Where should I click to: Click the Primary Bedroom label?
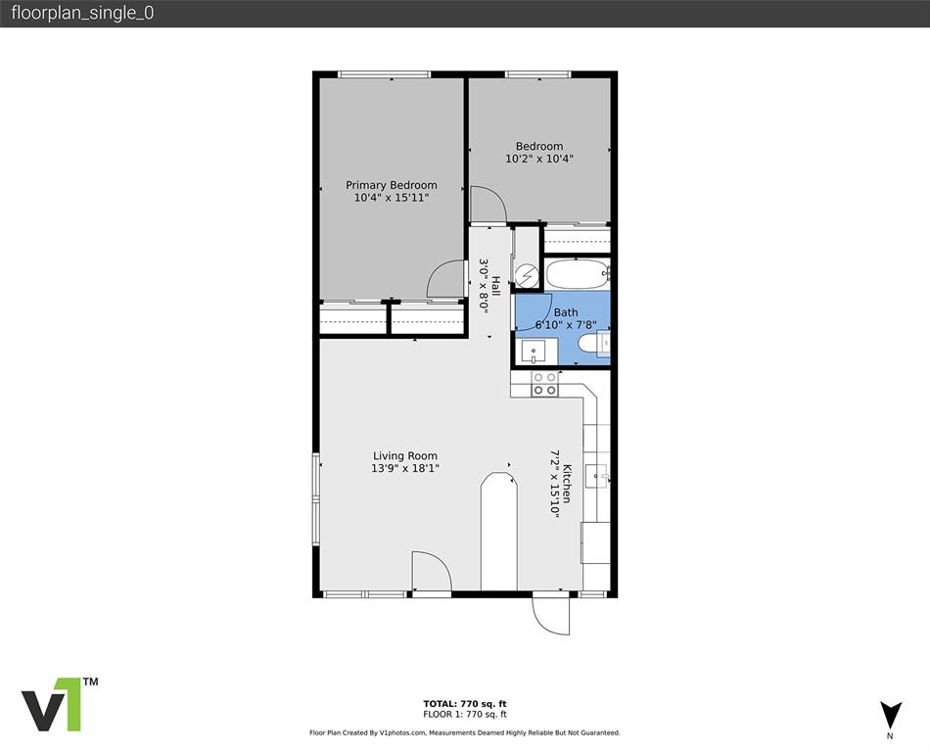(x=391, y=185)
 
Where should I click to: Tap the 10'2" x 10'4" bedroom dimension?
(x=539, y=159)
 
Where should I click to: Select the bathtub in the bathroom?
(x=577, y=274)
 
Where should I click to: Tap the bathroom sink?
(x=535, y=349)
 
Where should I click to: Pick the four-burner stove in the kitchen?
(x=544, y=383)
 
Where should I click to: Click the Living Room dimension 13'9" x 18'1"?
(x=405, y=468)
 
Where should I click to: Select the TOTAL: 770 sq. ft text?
(x=464, y=703)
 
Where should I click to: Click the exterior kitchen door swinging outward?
(x=550, y=614)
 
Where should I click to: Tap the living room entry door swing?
(x=429, y=573)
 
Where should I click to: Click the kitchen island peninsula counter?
(x=498, y=534)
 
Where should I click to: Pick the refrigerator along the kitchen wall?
(x=595, y=542)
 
